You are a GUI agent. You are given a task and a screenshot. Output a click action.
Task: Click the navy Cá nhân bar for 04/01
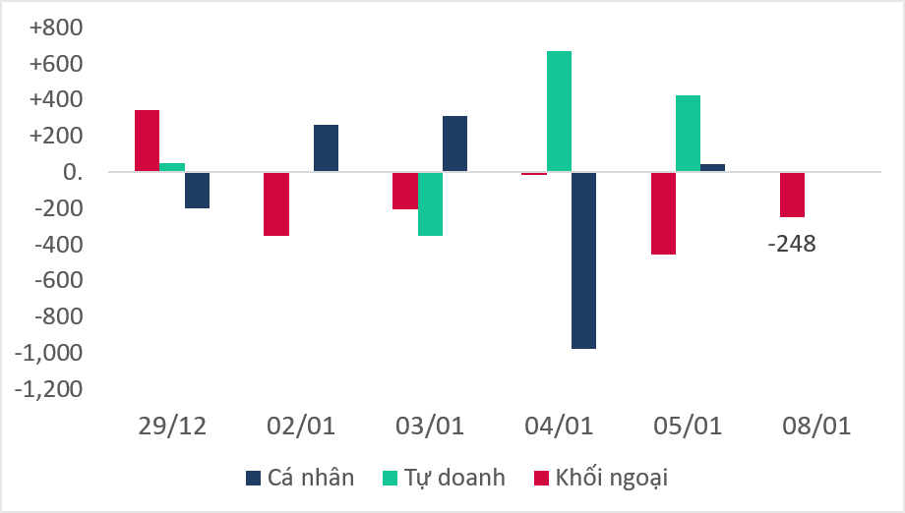coord(583,260)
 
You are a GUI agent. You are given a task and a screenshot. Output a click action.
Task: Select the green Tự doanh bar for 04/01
coord(559,111)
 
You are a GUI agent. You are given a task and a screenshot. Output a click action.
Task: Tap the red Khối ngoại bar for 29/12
coord(147,141)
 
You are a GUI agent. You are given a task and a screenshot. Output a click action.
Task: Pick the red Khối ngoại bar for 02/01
coord(275,203)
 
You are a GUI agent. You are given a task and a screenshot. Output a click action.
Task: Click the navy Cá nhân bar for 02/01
coord(326,148)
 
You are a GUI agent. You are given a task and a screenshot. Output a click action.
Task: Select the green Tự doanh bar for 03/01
coord(430,203)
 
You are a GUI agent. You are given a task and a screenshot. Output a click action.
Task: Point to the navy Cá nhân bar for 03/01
coord(454,143)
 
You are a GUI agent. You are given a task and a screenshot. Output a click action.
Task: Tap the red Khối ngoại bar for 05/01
coord(663,213)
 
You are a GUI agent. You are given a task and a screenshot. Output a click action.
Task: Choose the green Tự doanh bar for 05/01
coord(688,134)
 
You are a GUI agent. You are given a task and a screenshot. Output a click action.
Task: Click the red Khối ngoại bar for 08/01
coord(792,195)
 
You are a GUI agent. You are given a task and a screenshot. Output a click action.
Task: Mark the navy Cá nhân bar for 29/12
coord(197,190)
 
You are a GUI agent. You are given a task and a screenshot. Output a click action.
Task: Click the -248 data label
coord(791,244)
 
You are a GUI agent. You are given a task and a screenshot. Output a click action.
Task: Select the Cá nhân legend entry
coord(299,479)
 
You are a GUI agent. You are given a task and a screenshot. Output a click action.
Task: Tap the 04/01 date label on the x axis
coord(559,427)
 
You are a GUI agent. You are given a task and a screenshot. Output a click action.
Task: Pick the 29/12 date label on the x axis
coord(172,427)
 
